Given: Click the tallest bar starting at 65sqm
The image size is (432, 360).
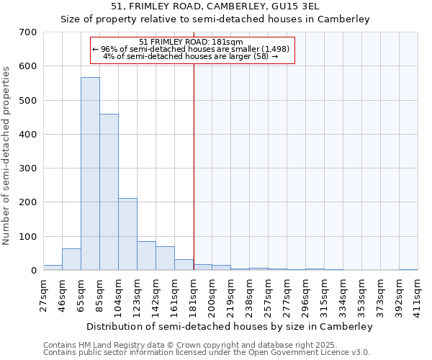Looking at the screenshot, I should (90, 174).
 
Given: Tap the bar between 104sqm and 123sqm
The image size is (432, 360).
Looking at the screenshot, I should (127, 234).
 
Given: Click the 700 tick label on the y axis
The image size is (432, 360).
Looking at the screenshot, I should (28, 32).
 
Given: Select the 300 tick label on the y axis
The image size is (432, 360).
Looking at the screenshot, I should (28, 168).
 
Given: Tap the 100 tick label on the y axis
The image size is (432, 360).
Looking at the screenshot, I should (28, 237).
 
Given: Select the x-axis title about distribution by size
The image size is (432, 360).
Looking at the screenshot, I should (230, 327).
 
